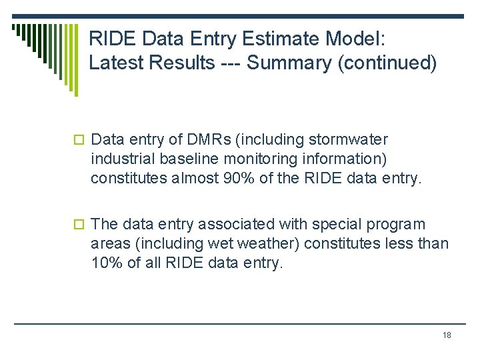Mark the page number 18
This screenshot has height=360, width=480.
(x=447, y=335)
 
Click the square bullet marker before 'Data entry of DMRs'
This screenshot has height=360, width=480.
(x=79, y=141)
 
